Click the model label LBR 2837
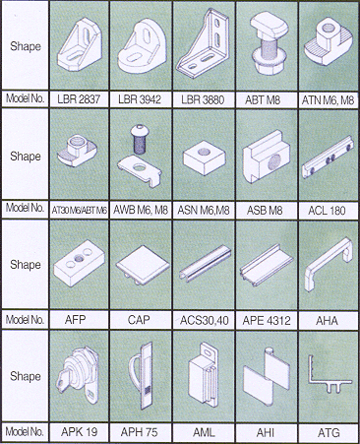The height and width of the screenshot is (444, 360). coord(79,98)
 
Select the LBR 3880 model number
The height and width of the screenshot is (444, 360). coord(203,99)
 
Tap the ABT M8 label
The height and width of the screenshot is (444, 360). coord(263,99)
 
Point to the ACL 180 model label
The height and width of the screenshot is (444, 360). coord(327,211)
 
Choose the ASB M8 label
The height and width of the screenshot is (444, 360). coord(265,211)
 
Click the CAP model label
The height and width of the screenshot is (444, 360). coord(139,320)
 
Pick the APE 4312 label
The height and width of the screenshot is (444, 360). coord(267,320)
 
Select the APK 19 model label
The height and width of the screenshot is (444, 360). coord(79,432)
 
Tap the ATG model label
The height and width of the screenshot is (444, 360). coord(329,433)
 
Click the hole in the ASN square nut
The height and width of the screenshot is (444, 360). coord(204,152)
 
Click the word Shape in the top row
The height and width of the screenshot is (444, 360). coord(26,46)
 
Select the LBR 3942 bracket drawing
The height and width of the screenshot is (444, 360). coord(143,46)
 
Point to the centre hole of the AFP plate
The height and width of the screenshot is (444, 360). coord(79,259)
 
